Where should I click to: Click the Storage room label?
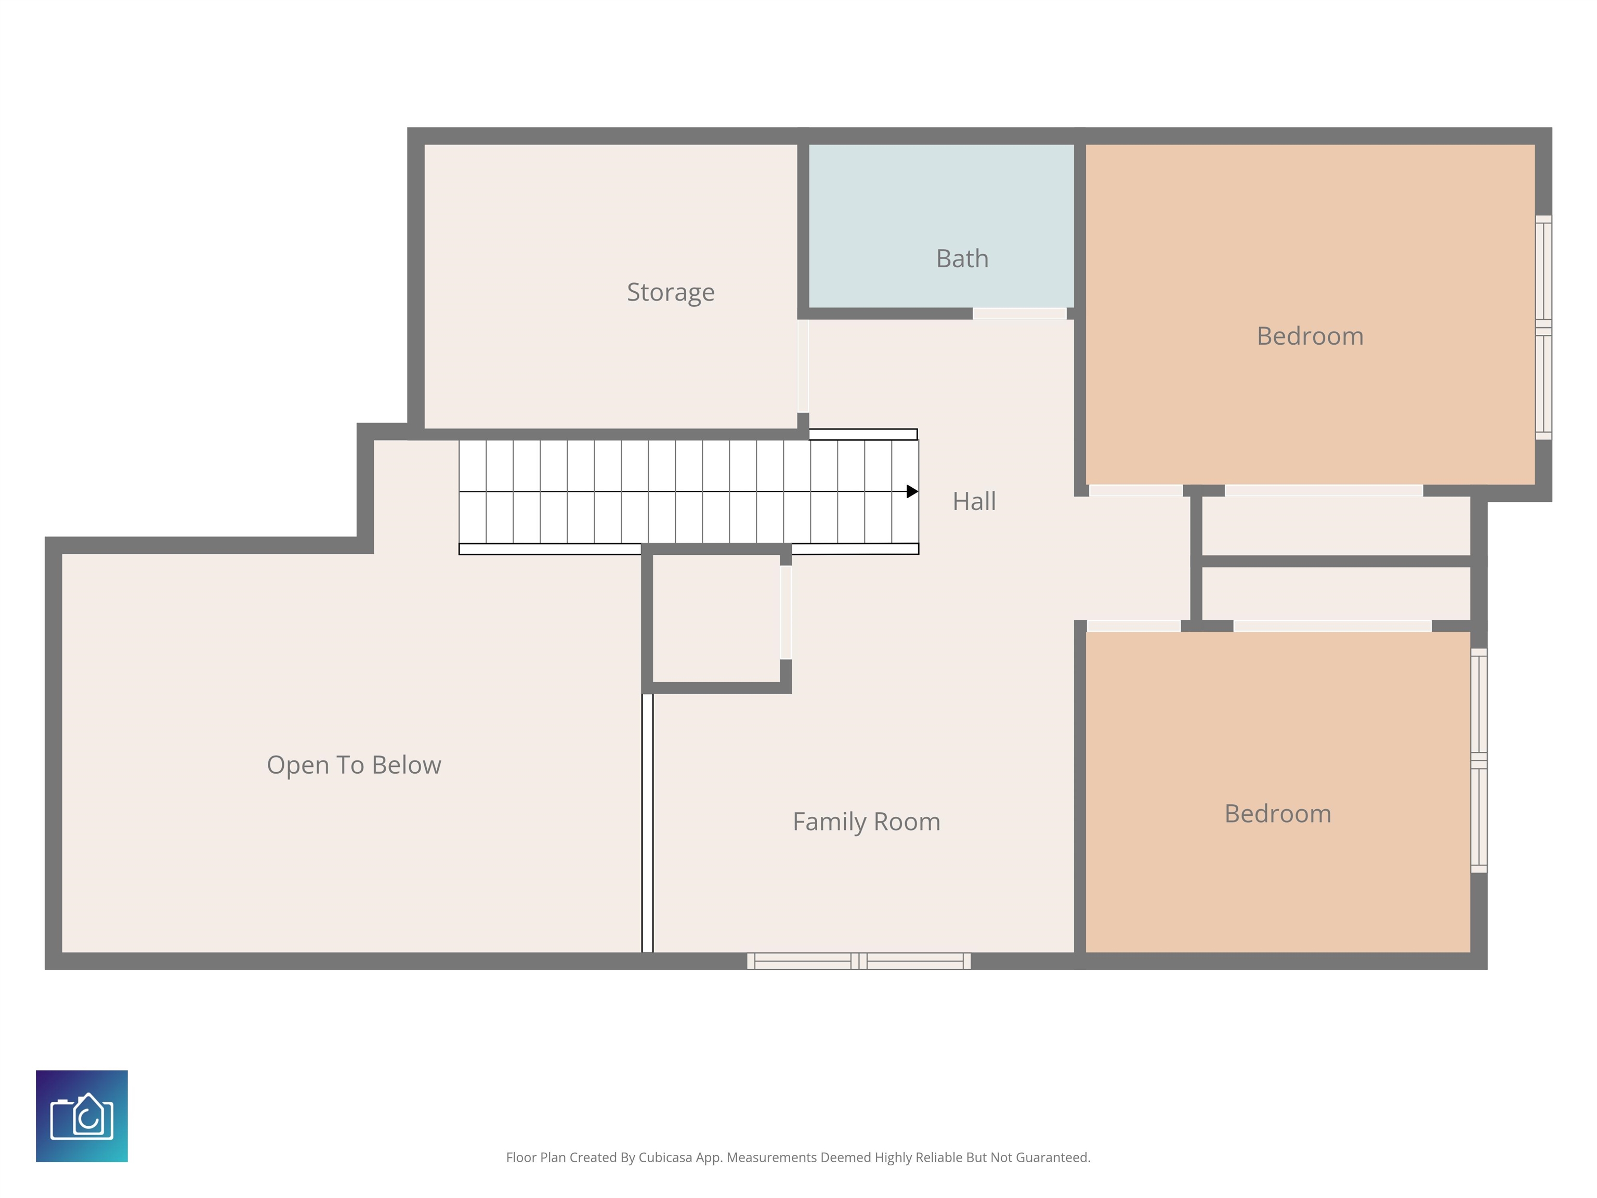pyautogui.click(x=671, y=292)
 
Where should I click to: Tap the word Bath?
pyautogui.click(x=962, y=258)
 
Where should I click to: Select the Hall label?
pyautogui.click(x=974, y=501)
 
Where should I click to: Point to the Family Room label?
pyautogui.click(x=867, y=822)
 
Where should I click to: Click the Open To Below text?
pyautogui.click(x=354, y=765)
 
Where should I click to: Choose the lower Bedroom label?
pyautogui.click(x=1278, y=814)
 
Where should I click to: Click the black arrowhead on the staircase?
pyautogui.click(x=912, y=492)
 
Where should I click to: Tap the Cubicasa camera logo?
pyautogui.click(x=82, y=1116)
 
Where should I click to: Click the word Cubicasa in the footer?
pyautogui.click(x=665, y=1157)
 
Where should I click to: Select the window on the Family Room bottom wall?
pyautogui.click(x=858, y=961)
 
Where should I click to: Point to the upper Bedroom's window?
pyautogui.click(x=1543, y=327)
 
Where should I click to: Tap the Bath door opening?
pyautogui.click(x=1019, y=314)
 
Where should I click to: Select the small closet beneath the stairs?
pyautogui.click(x=716, y=618)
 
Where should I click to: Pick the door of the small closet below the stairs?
pyautogui.click(x=786, y=613)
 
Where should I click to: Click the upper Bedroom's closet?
pyautogui.click(x=1336, y=526)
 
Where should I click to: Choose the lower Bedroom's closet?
pyautogui.click(x=1336, y=594)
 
